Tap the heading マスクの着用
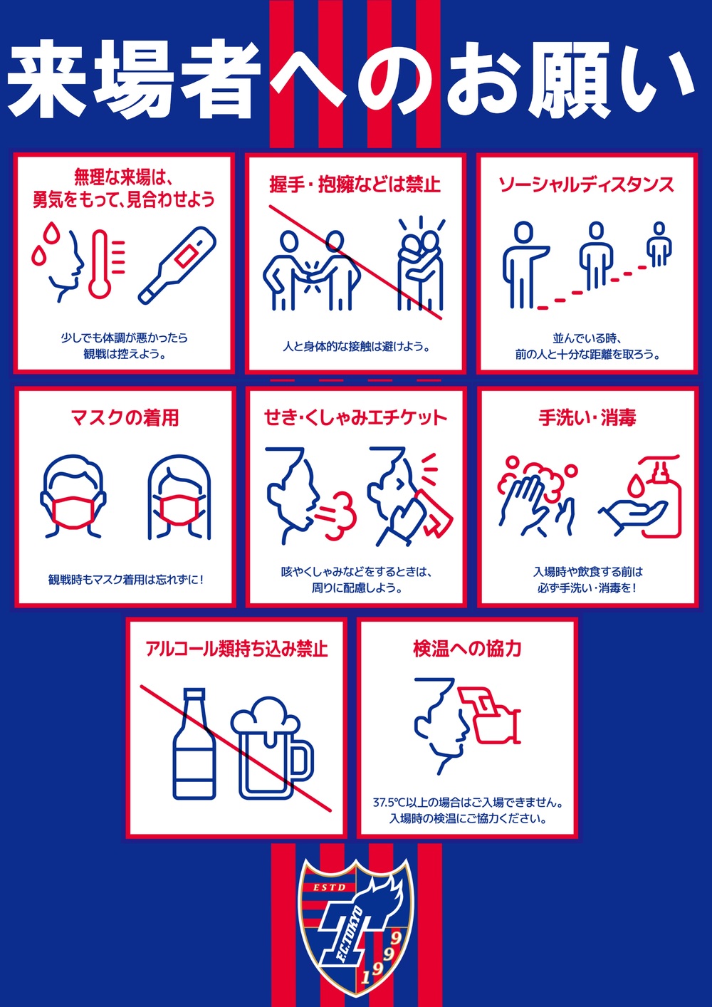point(125,417)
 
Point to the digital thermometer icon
point(177,266)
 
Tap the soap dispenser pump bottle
point(660,496)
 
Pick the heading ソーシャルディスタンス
point(587,184)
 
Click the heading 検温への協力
point(467,649)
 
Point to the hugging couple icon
point(420,264)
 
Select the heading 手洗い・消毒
point(587,417)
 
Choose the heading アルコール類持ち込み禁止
point(236,649)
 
